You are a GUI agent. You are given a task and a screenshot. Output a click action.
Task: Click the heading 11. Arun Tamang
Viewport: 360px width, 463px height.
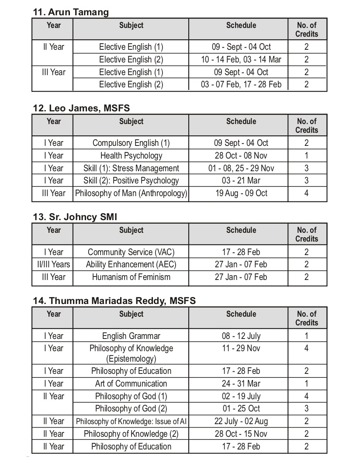pos(71,12)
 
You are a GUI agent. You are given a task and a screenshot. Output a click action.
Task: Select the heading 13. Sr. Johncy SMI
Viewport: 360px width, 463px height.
pos(75,217)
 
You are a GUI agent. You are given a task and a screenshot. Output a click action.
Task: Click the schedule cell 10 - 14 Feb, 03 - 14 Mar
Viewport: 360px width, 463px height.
pos(241,59)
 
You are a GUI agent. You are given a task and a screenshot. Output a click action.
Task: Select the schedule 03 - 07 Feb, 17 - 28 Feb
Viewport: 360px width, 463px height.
pos(241,84)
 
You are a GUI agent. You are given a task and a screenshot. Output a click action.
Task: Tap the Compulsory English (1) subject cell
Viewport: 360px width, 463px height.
pos(131,143)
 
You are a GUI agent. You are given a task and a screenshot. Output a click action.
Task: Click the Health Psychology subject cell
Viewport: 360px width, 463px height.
pos(131,155)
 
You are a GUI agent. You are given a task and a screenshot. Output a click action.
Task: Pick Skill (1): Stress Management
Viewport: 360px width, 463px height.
pos(131,168)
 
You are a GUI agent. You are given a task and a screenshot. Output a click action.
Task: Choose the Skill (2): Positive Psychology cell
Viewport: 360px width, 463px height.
pos(131,180)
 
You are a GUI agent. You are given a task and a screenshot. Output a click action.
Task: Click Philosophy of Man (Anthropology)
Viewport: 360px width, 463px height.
pos(131,193)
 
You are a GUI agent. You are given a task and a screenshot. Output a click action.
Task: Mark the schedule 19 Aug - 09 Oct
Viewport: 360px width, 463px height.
pos(241,193)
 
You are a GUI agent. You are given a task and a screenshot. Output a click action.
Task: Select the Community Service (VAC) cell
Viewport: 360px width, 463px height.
pos(131,252)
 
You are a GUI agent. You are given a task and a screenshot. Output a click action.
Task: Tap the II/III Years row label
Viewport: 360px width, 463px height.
pos(53,264)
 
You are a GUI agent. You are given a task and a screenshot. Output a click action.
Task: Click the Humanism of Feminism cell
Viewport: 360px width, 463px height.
pos(131,277)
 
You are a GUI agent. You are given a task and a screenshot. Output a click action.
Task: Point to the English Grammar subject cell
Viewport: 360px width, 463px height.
pos(131,336)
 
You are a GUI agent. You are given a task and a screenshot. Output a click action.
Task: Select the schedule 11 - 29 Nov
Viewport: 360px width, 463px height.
pos(241,348)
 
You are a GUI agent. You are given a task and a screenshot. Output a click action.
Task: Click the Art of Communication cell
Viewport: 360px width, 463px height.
pos(131,384)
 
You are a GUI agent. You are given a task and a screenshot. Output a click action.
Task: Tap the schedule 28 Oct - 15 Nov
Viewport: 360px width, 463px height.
pos(241,434)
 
